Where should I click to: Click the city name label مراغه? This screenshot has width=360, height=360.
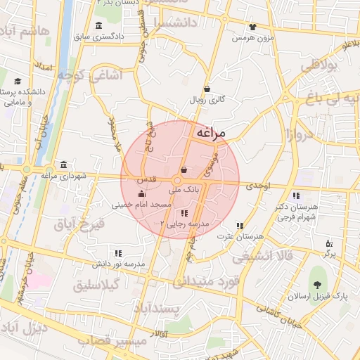coord(212,131)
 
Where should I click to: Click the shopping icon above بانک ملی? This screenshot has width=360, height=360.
coord(184,169)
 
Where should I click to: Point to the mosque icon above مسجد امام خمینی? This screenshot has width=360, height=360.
coord(142,193)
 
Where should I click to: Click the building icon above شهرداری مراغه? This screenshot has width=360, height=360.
coord(65,165)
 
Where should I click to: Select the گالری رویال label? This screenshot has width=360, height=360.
coord(207,101)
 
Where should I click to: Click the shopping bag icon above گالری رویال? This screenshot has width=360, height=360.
coord(207,89)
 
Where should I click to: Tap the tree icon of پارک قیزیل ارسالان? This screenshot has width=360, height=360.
coord(318,285)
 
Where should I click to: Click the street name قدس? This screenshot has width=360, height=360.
coord(156,179)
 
